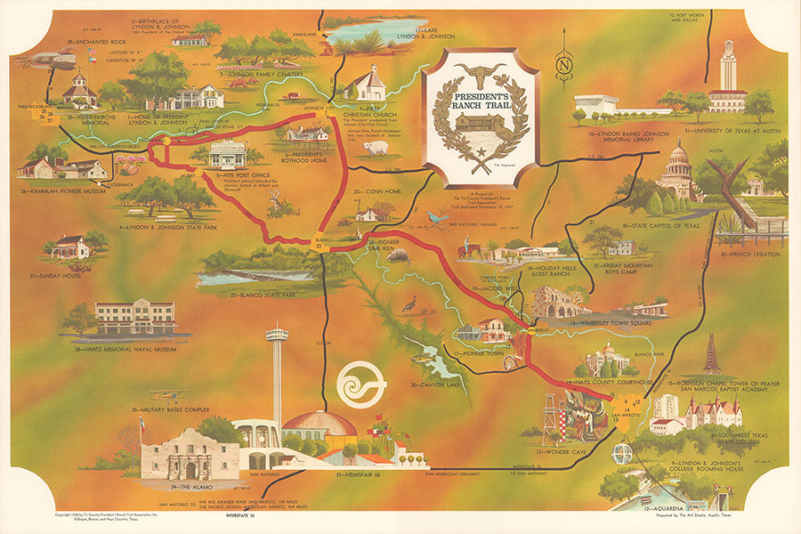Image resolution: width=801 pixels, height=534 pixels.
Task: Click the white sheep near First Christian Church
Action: coord(371,144)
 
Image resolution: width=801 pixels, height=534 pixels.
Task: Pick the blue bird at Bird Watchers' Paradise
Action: coord(437,216)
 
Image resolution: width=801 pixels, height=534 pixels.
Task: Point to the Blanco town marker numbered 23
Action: coord(319,246)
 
